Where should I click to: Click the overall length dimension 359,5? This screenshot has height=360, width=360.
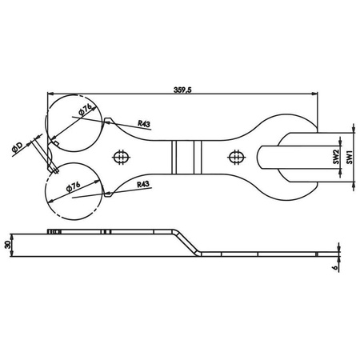[182, 90]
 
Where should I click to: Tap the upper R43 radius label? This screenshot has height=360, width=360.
[144, 123]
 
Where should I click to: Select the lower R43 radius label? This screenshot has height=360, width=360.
[143, 184]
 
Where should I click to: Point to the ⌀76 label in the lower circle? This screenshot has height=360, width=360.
[73, 186]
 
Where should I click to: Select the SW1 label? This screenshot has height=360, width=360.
[350, 158]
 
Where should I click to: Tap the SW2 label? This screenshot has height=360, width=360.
[336, 157]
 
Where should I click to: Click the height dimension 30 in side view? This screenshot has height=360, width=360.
[8, 245]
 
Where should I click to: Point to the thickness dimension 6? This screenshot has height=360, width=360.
[336, 266]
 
